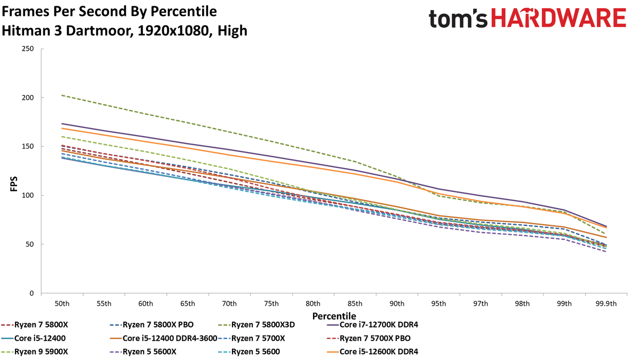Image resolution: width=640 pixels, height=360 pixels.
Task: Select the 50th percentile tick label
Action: tap(62, 303)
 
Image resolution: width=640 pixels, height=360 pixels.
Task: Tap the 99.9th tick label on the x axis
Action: tap(606, 303)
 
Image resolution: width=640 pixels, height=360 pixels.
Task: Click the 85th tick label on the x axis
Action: tap(355, 303)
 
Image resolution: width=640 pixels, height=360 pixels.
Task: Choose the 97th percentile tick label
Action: tap(481, 303)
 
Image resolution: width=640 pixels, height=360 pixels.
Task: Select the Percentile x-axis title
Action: tap(334, 316)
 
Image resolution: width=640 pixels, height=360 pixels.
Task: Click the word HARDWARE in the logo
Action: tap(558, 19)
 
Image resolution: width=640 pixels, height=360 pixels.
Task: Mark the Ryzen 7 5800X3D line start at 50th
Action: tap(62, 95)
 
